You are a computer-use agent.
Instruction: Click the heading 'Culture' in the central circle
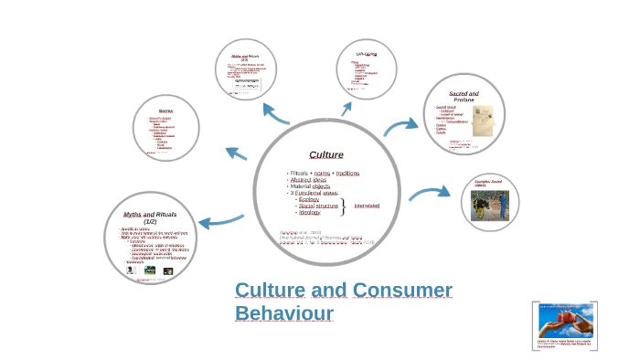click(326, 154)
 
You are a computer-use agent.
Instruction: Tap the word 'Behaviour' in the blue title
click(283, 313)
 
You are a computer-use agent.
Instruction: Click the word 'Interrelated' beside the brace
click(367, 206)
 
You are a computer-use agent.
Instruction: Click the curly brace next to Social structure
click(342, 206)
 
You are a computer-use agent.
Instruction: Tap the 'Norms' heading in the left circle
click(165, 111)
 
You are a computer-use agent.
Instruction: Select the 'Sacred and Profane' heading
click(464, 96)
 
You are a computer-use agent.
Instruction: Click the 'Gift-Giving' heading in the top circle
click(367, 55)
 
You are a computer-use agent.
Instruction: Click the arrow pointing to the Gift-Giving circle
click(347, 108)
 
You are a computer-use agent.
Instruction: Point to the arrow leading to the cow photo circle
click(429, 193)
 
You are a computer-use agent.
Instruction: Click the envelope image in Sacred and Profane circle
click(483, 118)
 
